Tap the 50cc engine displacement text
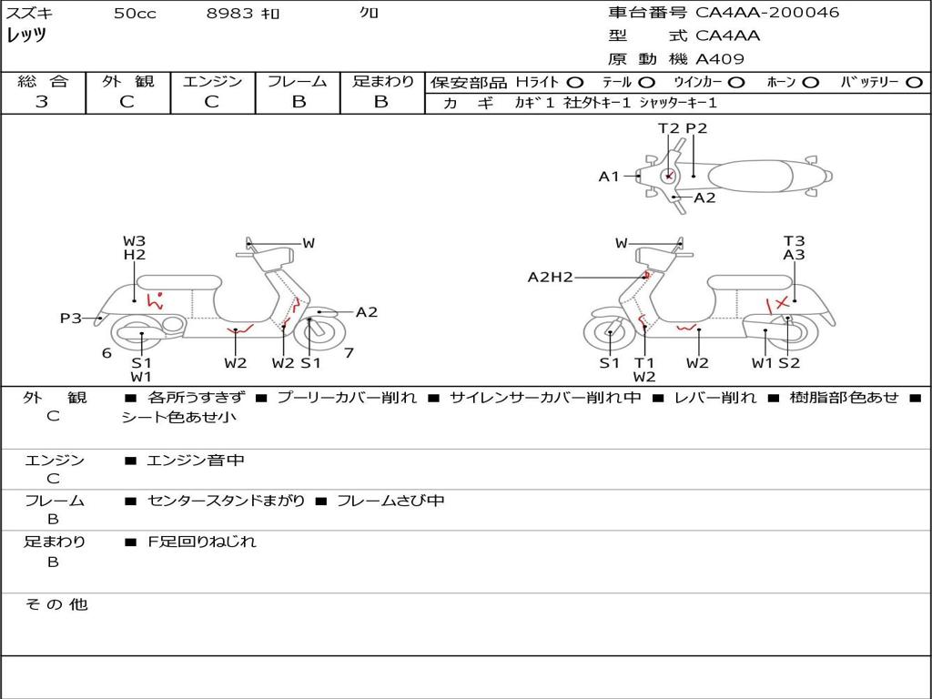135,14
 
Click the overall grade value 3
42,102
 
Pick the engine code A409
720,59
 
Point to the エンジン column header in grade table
212,81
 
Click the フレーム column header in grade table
298,81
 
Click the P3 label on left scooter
71,318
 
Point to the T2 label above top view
669,128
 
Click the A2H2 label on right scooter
551,277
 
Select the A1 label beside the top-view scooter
609,177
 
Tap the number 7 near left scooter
349,352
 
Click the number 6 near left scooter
106,352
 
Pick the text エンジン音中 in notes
195,461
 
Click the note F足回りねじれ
202,542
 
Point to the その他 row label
56,604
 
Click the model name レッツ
26,35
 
